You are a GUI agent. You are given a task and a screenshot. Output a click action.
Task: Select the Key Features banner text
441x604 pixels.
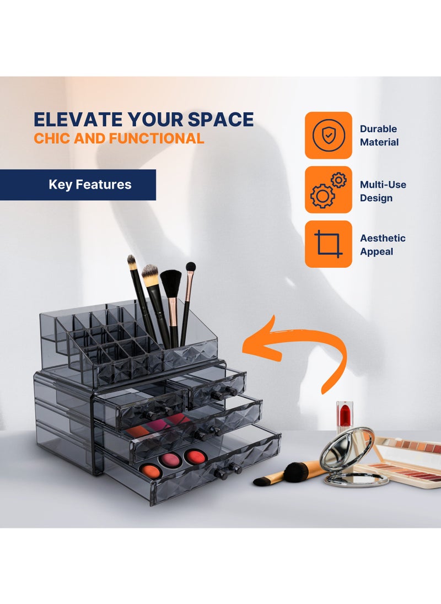point(90,185)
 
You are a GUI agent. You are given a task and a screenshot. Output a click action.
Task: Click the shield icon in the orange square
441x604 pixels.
point(328,135)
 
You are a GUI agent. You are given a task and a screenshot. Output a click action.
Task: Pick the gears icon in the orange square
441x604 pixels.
point(328,190)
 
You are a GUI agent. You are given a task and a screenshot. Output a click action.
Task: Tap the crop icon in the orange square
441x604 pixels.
point(328,244)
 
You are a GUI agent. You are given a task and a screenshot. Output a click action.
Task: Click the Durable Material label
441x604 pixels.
point(379,136)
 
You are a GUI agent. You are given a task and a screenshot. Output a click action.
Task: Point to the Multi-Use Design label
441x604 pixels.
point(383,191)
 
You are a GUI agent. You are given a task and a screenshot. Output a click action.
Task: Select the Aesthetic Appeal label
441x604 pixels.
point(383,245)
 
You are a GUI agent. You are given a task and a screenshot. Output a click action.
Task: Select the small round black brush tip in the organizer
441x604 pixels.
point(191,267)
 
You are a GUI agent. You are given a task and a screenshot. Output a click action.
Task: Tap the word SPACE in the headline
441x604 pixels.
point(220,120)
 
